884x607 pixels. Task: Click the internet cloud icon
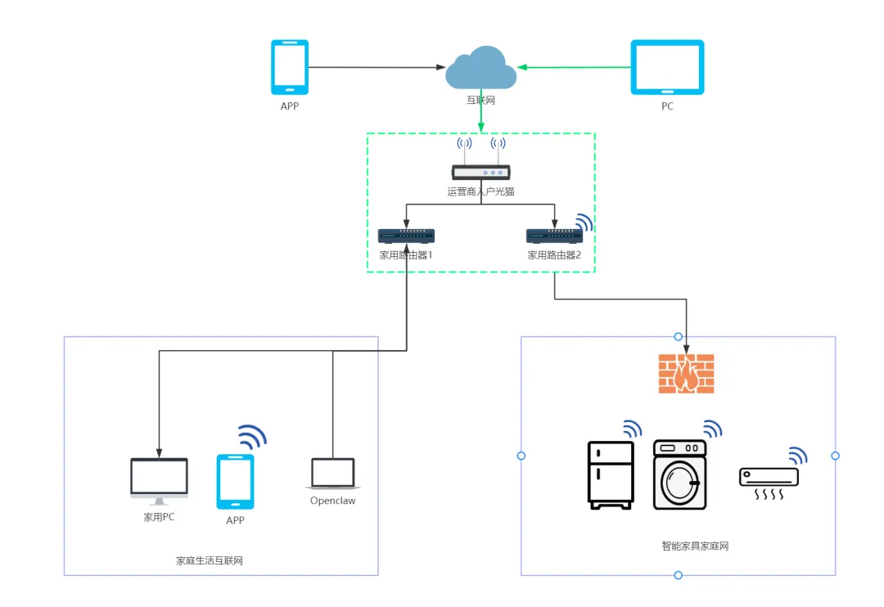coord(480,69)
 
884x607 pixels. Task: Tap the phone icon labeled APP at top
coord(290,67)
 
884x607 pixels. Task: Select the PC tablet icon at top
coord(667,67)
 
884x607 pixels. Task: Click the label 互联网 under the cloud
coord(480,101)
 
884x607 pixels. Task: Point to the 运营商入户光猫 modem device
coord(480,172)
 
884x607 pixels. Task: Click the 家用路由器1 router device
coord(406,236)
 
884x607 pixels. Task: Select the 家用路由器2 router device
coord(554,236)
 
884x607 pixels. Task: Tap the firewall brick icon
coord(686,374)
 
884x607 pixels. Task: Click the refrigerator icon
coord(611,475)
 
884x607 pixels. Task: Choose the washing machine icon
coord(679,474)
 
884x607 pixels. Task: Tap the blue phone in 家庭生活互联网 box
coord(235,482)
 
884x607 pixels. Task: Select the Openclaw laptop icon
coord(333,474)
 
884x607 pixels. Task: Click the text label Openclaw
coord(333,501)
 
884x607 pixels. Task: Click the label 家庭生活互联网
coord(210,561)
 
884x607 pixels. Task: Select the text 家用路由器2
coord(554,255)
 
